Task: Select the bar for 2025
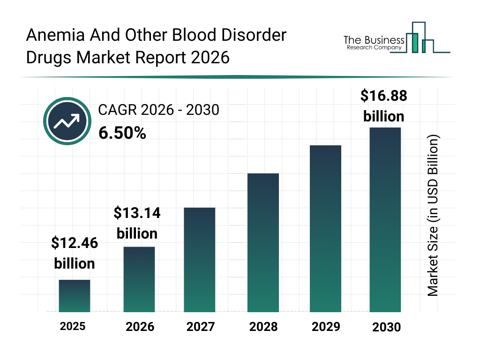(75, 296)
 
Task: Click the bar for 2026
(139, 279)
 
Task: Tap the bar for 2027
(199, 260)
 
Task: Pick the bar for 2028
(263, 243)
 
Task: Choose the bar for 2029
(325, 229)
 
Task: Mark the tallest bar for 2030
(385, 219)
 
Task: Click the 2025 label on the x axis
(73, 326)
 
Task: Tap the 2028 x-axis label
(263, 327)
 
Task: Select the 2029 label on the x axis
(325, 327)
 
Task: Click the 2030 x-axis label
(387, 327)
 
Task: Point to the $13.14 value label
(137, 213)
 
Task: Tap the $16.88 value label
(383, 96)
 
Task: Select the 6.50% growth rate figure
(122, 134)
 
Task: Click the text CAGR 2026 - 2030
(158, 110)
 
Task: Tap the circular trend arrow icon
(66, 121)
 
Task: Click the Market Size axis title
(433, 216)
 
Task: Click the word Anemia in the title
(55, 35)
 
